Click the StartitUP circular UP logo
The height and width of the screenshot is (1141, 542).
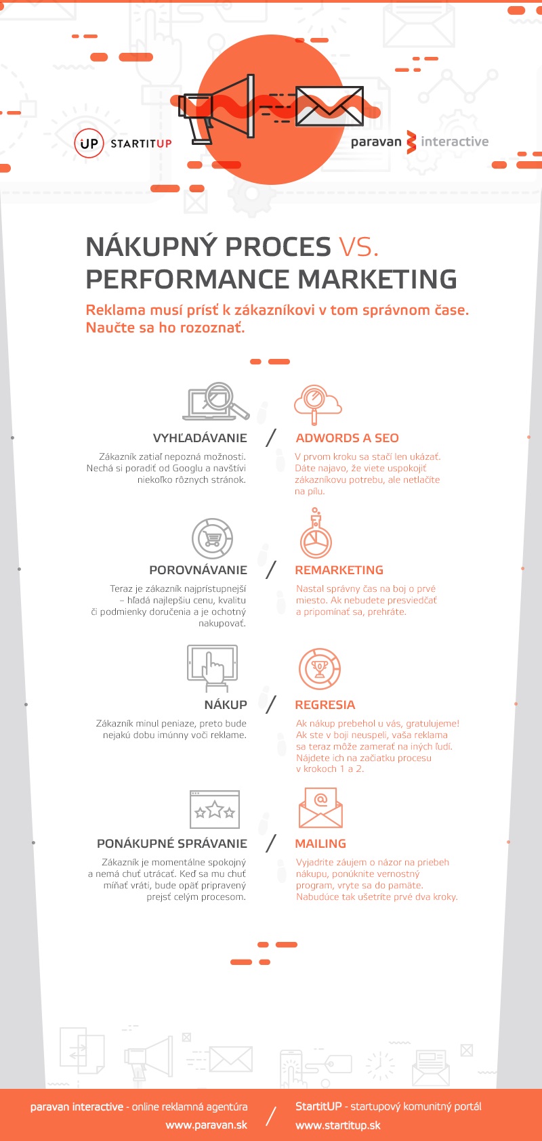click(x=89, y=144)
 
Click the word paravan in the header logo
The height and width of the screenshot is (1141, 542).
click(x=376, y=142)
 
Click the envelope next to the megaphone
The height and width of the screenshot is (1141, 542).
click(x=329, y=106)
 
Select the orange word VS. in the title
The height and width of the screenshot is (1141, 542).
click(x=358, y=247)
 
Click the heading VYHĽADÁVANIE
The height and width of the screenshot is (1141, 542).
click(x=200, y=438)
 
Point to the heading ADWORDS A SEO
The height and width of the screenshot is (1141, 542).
click(x=347, y=438)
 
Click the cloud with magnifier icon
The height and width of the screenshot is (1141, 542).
click(x=317, y=403)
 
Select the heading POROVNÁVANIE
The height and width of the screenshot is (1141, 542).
click(x=198, y=570)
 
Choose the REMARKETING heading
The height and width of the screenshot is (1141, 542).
click(x=339, y=570)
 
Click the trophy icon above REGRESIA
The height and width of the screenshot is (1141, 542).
click(x=319, y=668)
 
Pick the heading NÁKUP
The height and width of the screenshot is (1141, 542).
click(x=226, y=705)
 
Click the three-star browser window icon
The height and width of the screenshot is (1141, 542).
click(x=215, y=809)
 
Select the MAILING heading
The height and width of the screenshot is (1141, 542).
click(x=320, y=844)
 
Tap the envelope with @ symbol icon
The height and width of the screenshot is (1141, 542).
click(x=320, y=807)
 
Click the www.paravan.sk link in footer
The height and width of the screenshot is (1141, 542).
click(x=206, y=1125)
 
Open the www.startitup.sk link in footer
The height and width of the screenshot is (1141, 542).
click(x=338, y=1125)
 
